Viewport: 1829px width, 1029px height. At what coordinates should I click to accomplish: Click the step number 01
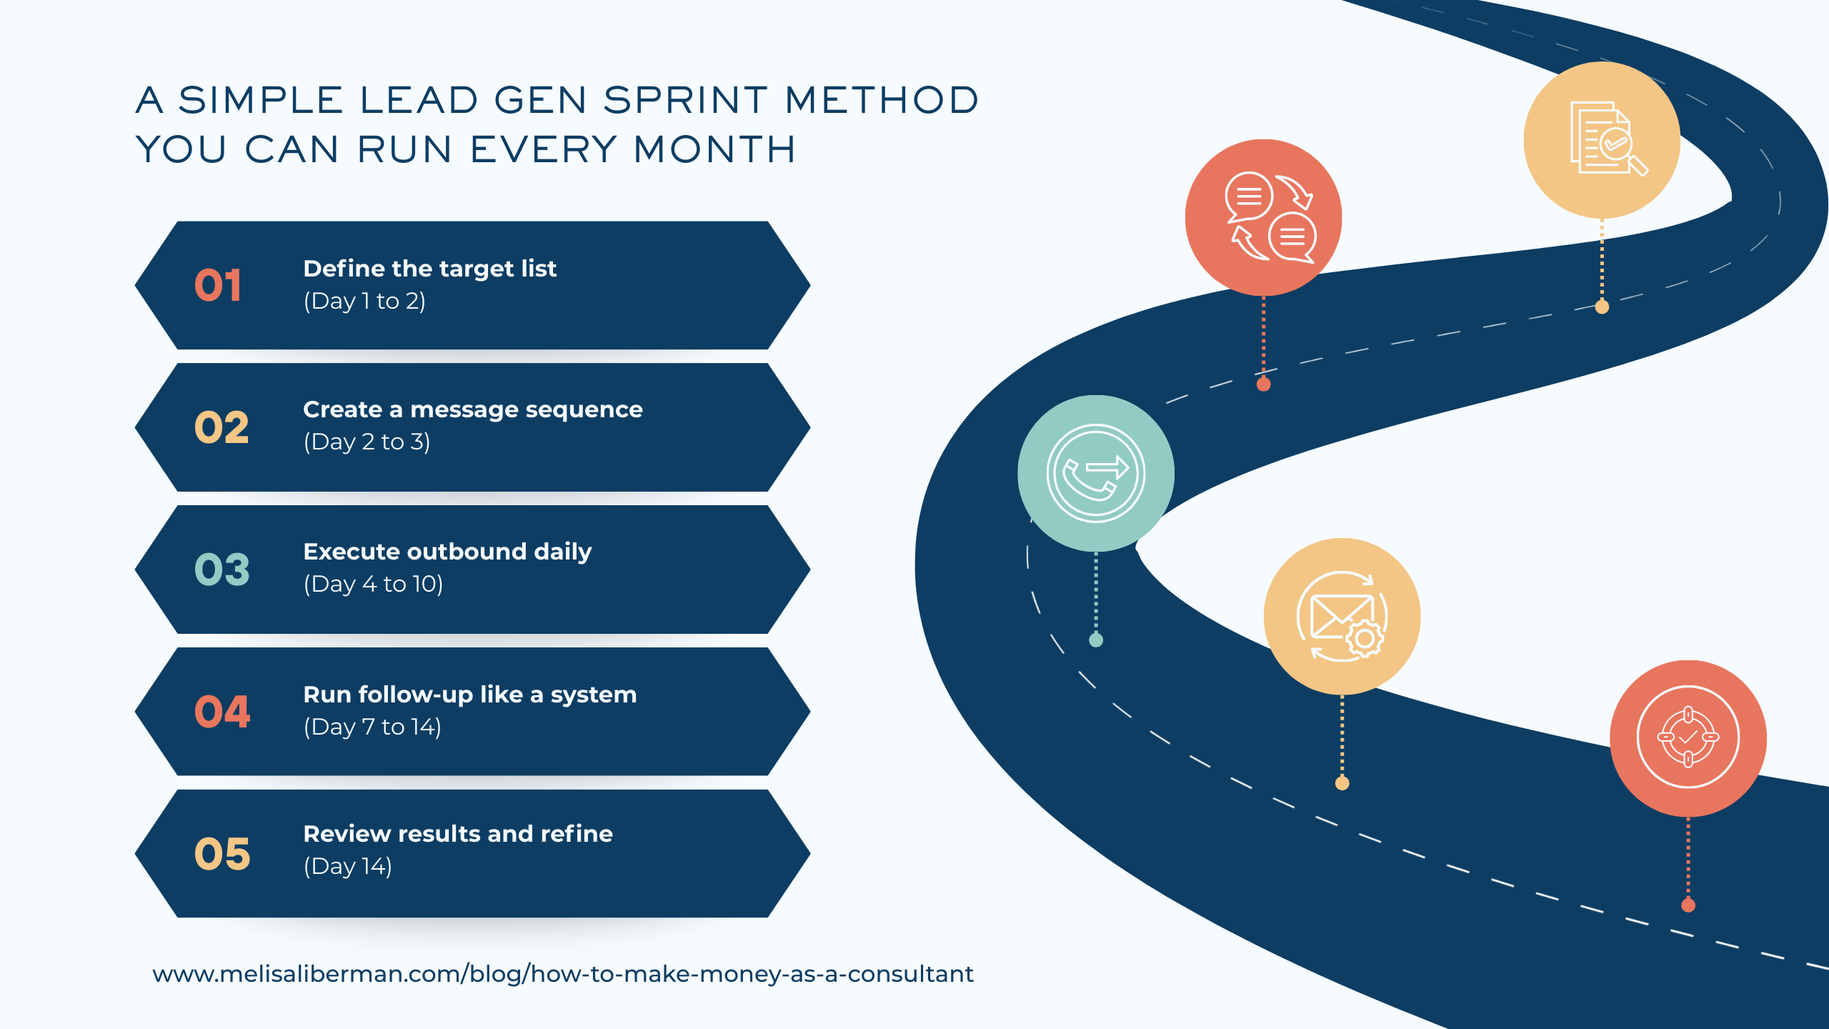(218, 285)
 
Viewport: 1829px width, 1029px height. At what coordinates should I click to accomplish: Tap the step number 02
(221, 427)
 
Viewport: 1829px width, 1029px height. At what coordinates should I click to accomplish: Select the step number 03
(221, 570)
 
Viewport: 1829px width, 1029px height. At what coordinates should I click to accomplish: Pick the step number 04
(221, 712)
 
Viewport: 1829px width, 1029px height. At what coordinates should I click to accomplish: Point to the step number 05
(221, 854)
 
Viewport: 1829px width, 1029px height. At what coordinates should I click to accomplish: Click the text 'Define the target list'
(429, 269)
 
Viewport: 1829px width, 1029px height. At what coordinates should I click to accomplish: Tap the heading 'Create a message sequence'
(472, 409)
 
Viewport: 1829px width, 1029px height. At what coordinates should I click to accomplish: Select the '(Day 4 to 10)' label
(373, 585)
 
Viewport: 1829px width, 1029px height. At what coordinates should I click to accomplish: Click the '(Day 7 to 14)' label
(372, 727)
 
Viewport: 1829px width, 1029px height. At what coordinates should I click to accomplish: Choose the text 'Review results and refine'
(458, 834)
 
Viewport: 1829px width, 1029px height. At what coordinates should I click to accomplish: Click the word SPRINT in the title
(685, 100)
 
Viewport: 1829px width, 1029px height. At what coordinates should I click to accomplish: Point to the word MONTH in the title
(714, 150)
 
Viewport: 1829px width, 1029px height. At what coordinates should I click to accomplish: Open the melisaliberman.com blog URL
(562, 974)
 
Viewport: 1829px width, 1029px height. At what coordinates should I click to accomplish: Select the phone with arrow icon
(1095, 473)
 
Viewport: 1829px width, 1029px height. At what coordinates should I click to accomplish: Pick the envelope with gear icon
(1341, 616)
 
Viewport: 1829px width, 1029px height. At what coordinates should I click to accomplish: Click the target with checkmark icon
(1688, 737)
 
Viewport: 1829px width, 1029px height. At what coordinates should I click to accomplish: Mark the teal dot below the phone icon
(1096, 640)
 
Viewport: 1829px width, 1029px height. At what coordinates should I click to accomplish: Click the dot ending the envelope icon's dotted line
(1342, 784)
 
